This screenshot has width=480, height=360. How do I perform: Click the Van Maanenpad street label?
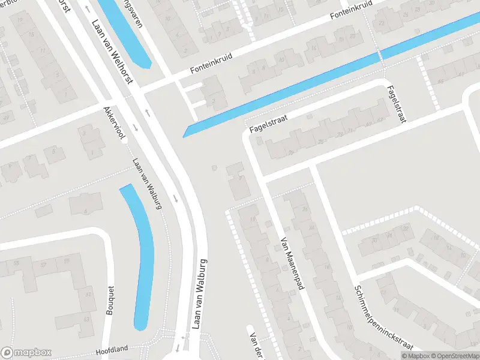[x=289, y=265]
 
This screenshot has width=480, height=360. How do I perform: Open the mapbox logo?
[x=26, y=353]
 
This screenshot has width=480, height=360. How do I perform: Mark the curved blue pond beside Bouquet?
[x=142, y=258]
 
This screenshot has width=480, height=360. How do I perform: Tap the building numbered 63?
[x=87, y=319]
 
